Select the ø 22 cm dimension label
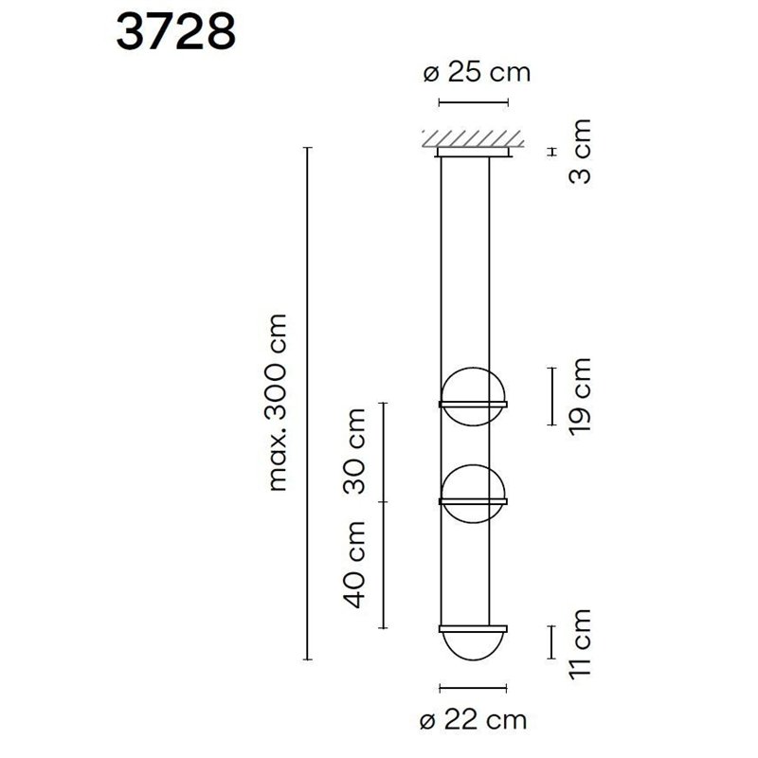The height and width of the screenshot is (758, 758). point(473,720)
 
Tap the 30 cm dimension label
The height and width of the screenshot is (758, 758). point(355,451)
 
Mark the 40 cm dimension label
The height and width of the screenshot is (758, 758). point(355,565)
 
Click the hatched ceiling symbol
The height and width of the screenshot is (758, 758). point(474,138)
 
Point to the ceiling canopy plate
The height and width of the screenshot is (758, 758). point(474,151)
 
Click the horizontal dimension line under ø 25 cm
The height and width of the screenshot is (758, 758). point(474,99)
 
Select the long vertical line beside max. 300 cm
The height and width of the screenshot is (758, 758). point(306,402)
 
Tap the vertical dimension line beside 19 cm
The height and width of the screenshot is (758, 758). point(551,396)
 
